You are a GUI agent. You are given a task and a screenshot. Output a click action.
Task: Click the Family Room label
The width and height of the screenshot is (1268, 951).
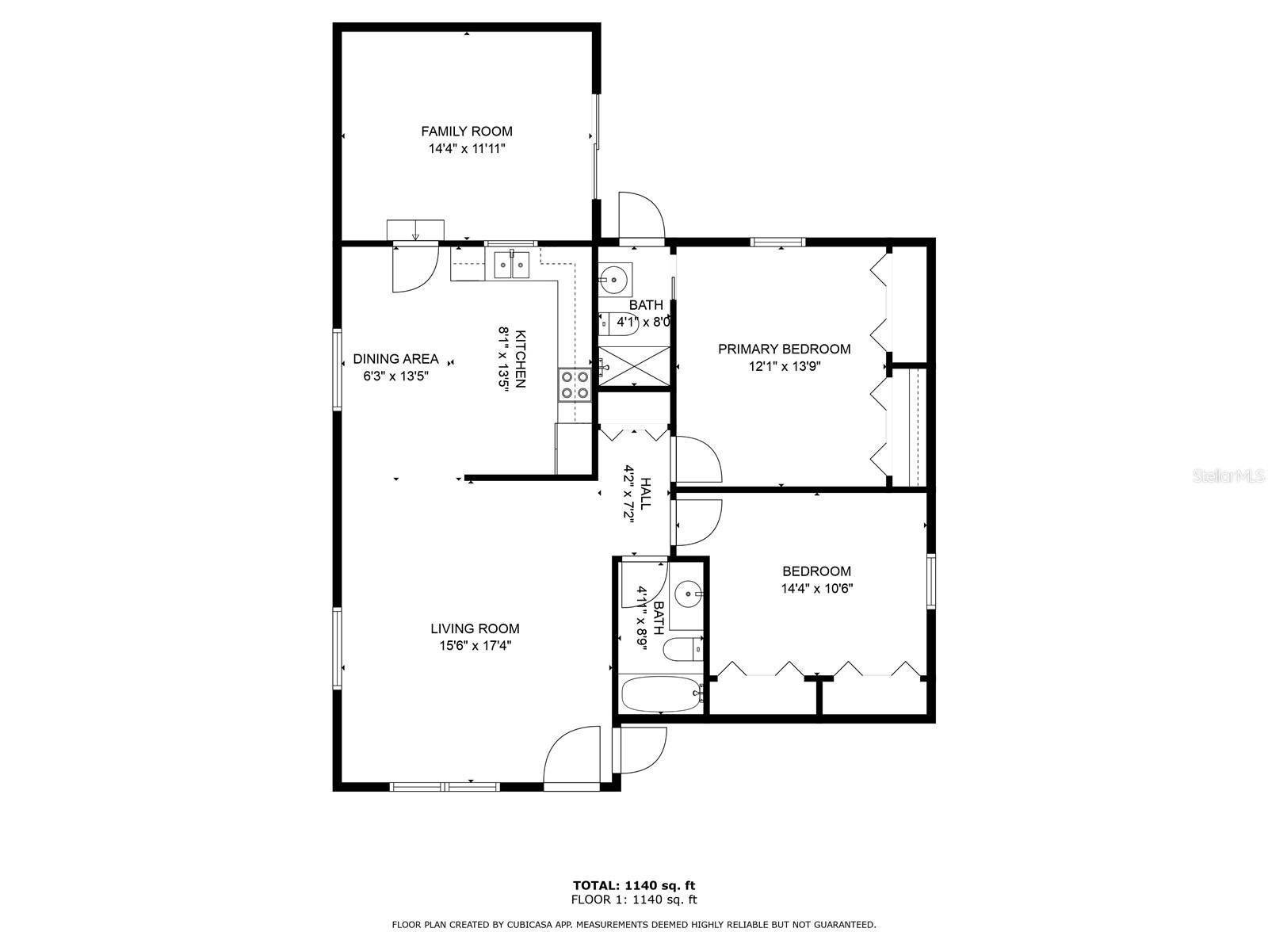[x=466, y=132]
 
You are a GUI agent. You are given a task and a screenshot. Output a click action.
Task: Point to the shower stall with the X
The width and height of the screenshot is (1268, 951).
[x=635, y=367]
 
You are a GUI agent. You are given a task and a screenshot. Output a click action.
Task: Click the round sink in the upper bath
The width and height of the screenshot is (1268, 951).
[x=614, y=279]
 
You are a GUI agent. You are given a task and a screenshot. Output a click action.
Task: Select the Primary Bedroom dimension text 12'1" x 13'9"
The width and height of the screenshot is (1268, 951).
[x=784, y=367]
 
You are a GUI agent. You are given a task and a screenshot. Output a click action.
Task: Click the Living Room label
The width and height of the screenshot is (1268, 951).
[x=475, y=628]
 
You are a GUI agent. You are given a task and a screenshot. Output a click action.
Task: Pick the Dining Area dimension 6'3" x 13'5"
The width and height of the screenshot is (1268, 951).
[x=395, y=376]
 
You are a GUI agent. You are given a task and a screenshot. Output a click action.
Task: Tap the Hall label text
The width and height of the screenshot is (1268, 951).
[x=646, y=493]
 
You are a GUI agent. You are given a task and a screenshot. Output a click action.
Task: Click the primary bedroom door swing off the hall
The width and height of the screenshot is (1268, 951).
[x=697, y=460]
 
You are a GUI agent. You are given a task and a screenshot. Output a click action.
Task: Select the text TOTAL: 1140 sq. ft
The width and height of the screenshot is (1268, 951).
[x=634, y=885]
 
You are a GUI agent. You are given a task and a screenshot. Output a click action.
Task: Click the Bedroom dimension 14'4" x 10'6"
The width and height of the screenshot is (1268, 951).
[x=816, y=589]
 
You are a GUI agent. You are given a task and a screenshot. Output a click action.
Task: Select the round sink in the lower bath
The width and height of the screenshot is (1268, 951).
[x=687, y=593]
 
